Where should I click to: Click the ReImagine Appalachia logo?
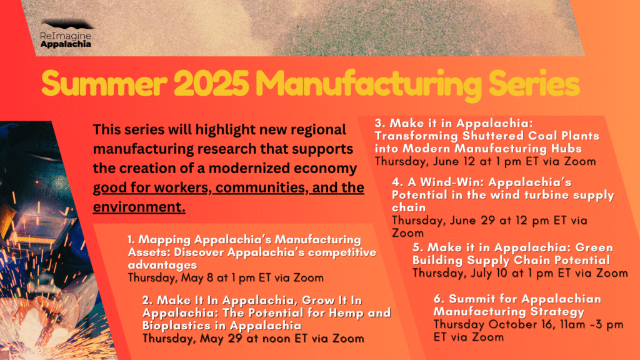click(x=66, y=34)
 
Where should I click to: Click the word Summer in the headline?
click(x=104, y=83)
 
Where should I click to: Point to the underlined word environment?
click(x=139, y=207)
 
